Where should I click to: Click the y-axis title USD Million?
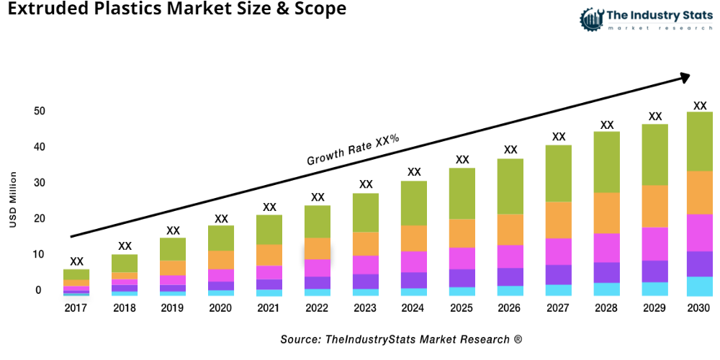coord(13,200)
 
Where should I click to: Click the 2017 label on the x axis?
coord(76,308)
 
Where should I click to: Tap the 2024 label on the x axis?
coord(414,308)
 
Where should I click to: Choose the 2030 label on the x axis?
coord(698,308)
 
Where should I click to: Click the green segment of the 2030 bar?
coord(699,141)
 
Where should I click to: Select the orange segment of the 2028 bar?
coord(607,213)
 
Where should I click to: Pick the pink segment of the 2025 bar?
coord(462,258)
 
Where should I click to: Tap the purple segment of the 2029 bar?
coord(655,271)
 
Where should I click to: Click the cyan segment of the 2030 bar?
coord(699,287)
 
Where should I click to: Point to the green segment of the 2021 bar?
coord(269,230)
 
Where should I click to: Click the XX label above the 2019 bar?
coord(173,230)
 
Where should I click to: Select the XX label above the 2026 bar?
coord(510,150)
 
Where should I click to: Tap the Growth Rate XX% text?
coord(353,150)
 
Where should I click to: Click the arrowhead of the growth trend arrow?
coord(684,76)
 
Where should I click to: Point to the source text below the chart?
coord(401,338)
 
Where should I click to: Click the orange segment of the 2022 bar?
coord(318,248)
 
